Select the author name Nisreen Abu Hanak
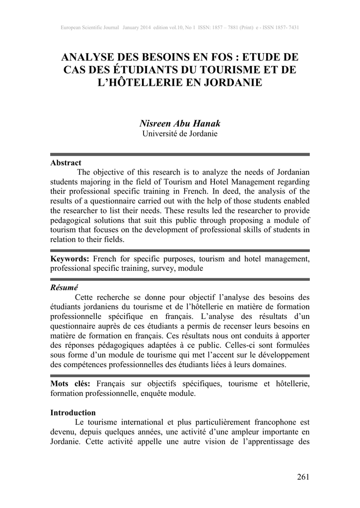[180, 124]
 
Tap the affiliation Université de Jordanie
[180, 134]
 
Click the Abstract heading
[66, 163]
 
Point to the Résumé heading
[65, 288]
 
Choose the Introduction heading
[73, 413]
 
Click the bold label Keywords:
[70, 259]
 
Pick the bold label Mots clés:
[71, 384]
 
